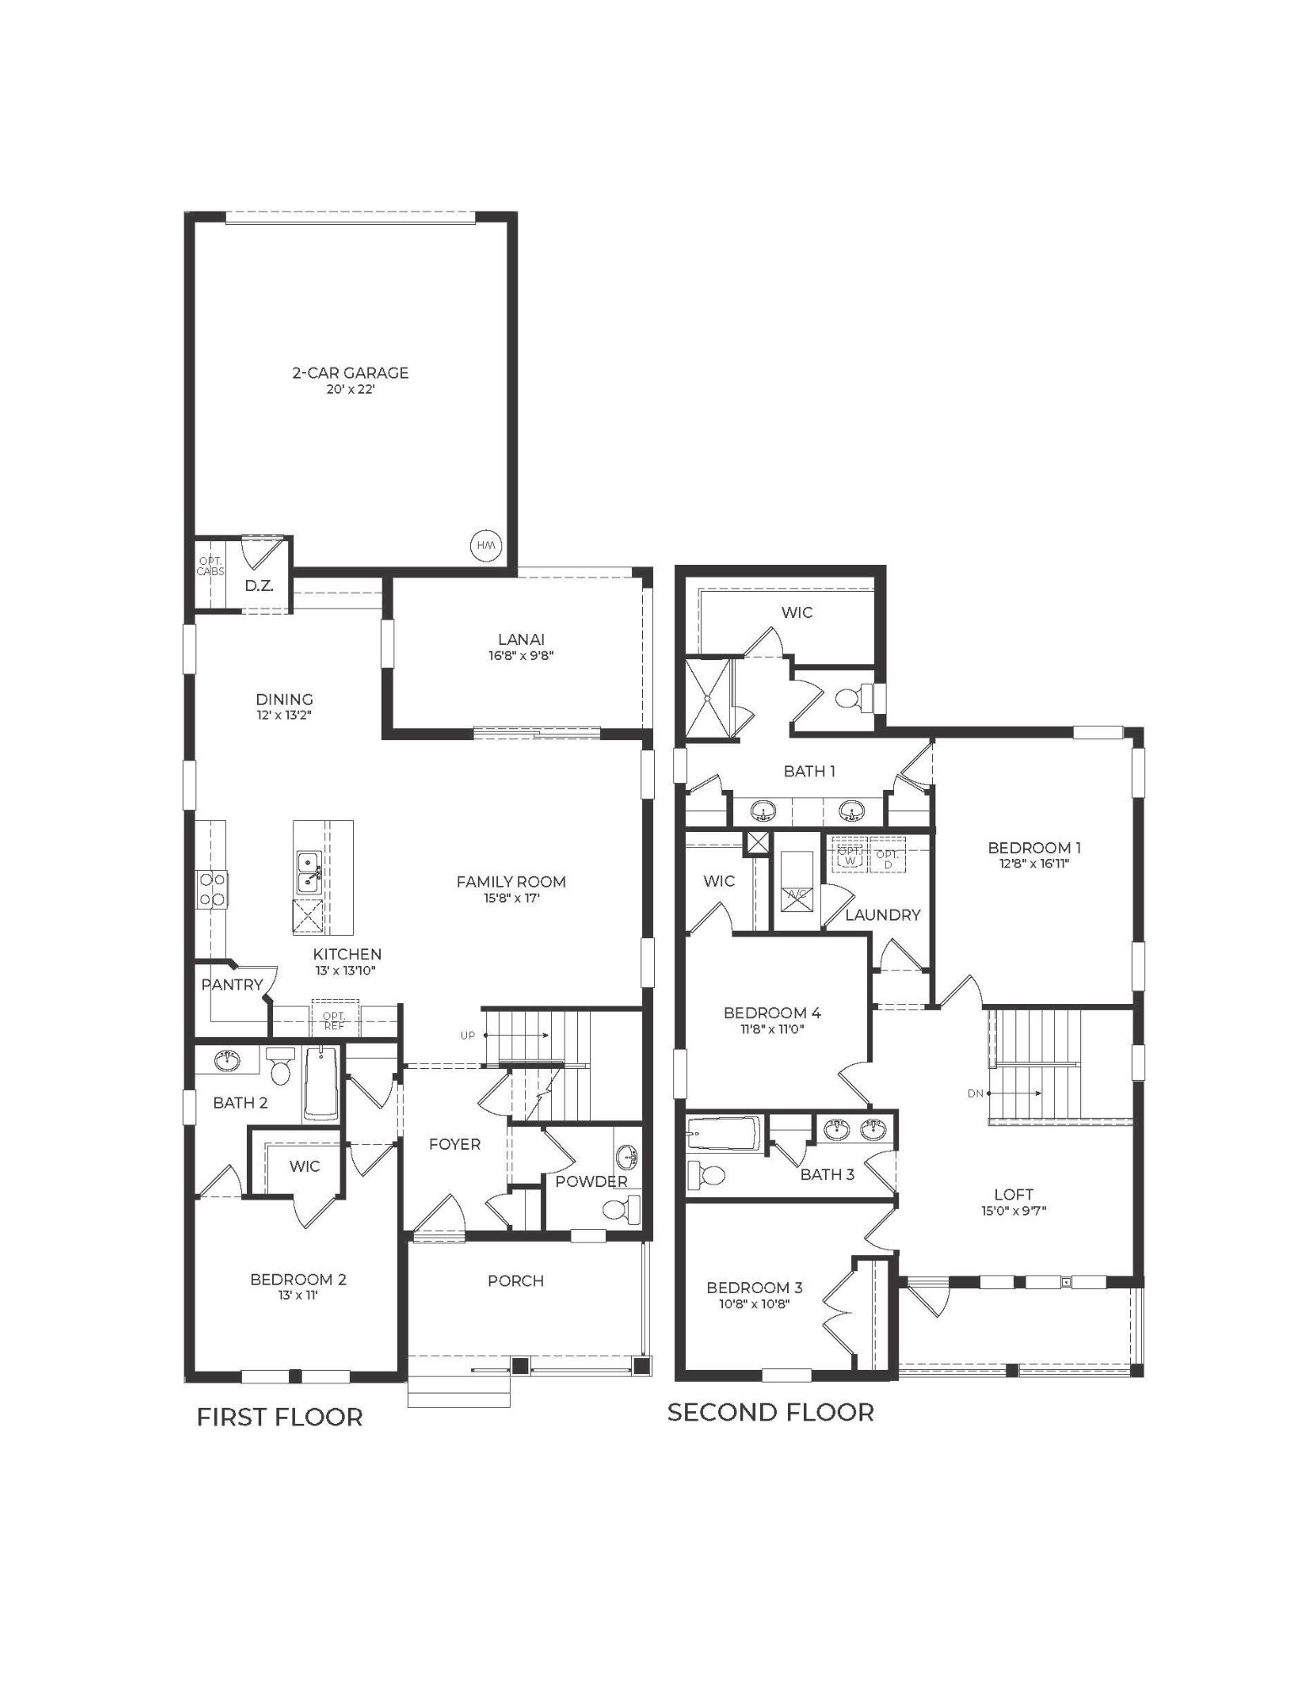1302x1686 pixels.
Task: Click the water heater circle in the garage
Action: (x=486, y=545)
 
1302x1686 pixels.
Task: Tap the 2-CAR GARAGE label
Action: (x=351, y=373)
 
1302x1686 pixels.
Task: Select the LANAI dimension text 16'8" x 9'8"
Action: (x=522, y=655)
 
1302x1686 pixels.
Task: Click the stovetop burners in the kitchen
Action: (x=212, y=889)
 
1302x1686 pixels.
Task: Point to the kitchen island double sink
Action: (x=308, y=873)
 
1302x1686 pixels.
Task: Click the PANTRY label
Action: (x=232, y=985)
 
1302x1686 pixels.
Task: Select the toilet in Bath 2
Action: (x=281, y=1066)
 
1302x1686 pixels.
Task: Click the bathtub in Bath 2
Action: (x=321, y=1083)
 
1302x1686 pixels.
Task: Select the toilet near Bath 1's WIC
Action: (x=847, y=696)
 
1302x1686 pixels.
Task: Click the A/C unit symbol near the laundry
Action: (x=796, y=898)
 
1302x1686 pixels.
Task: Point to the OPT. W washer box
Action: (x=849, y=856)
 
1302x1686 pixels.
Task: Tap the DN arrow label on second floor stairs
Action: (x=976, y=1093)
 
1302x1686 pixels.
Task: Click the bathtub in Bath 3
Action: (x=723, y=1135)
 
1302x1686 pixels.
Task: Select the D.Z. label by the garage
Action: (x=258, y=585)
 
